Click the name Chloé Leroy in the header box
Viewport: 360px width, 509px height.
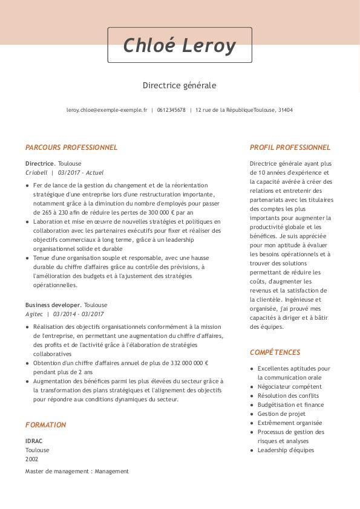click(x=179, y=45)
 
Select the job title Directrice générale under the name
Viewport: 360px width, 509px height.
click(x=179, y=85)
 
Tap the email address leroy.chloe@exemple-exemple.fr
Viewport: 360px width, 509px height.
click(x=106, y=110)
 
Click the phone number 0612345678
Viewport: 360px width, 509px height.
click(x=171, y=110)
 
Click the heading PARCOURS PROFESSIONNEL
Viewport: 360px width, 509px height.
click(x=71, y=147)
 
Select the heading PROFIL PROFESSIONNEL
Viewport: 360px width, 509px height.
click(x=290, y=147)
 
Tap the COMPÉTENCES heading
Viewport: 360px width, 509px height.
click(x=275, y=352)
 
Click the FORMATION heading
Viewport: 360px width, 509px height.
click(x=45, y=425)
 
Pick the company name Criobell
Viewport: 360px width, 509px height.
click(x=36, y=172)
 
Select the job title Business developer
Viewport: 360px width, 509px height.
click(x=53, y=305)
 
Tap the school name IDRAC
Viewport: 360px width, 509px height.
click(x=34, y=441)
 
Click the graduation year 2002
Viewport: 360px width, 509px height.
click(x=31, y=459)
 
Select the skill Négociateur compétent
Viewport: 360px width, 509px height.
click(x=289, y=386)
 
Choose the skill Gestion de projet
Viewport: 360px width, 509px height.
click(x=281, y=413)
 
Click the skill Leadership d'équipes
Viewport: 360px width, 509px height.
click(x=286, y=450)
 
